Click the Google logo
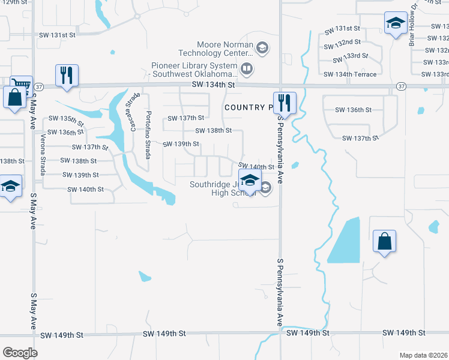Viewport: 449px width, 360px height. click(20, 352)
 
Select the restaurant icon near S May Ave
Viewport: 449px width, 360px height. click(66, 76)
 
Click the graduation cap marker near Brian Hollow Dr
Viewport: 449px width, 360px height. click(395, 24)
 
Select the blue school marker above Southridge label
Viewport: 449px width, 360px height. click(249, 179)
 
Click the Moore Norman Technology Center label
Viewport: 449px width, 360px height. click(225, 49)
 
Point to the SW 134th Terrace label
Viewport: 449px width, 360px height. click(350, 74)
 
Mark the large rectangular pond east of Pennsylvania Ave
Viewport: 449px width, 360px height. click(344, 240)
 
